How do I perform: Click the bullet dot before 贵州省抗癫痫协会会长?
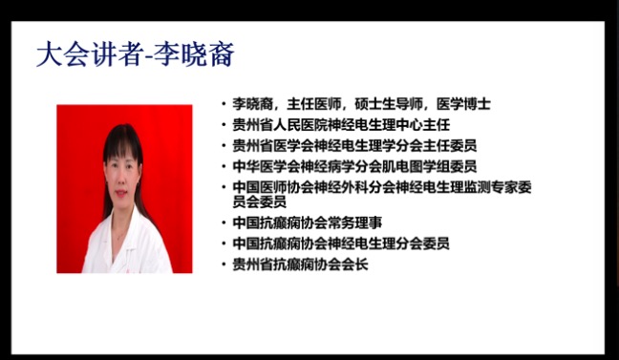click(224, 265)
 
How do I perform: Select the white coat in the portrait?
click(124, 244)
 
